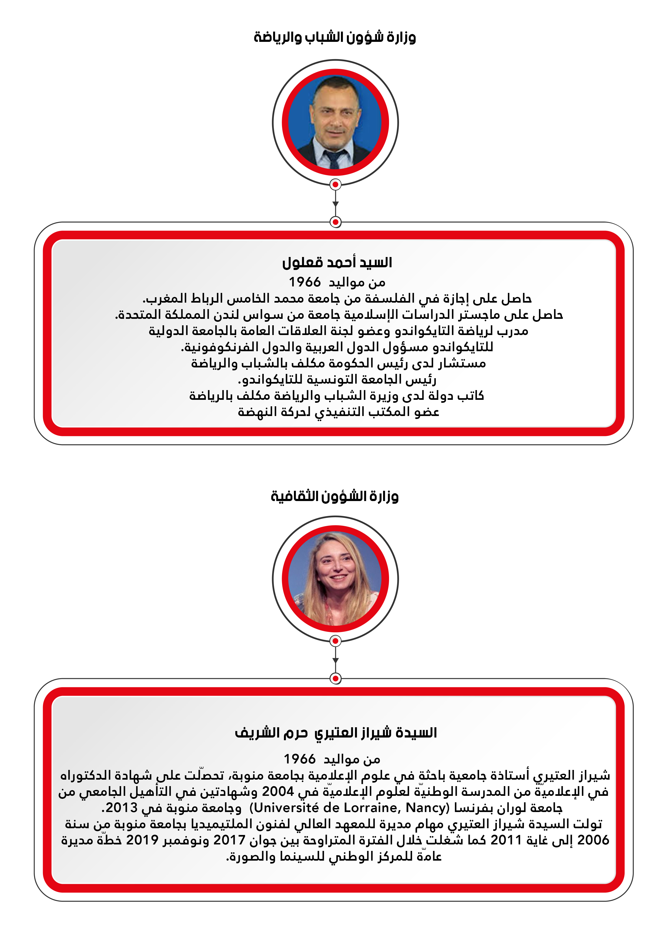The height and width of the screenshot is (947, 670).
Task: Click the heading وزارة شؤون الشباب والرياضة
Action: pos(334,38)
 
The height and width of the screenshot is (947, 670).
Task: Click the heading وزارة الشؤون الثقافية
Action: pos(334,496)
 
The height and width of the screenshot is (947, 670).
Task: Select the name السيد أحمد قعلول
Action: pos(337,263)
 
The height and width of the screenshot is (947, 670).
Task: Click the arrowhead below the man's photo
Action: pos(336,204)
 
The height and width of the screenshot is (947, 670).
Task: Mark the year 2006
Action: pos(593,840)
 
